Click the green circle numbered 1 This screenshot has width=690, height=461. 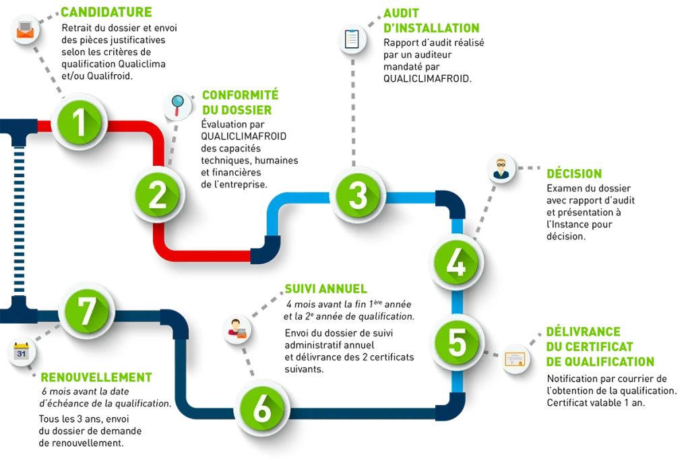(80, 123)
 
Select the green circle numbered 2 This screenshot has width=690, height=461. (158, 195)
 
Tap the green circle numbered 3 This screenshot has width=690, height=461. (358, 195)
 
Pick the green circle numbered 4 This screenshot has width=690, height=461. (456, 263)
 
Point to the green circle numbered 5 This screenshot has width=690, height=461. (458, 342)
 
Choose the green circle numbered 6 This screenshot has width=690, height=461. (262, 408)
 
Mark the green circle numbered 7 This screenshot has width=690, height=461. (87, 311)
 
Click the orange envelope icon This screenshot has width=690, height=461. (26, 30)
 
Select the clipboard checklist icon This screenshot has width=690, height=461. (352, 39)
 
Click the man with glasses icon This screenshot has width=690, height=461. (501, 168)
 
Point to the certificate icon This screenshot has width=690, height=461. (515, 359)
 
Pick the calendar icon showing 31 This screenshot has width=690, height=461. (22, 352)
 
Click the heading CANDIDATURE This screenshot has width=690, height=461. (106, 12)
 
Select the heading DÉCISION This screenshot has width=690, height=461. (574, 173)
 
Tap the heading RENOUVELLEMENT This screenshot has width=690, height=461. (96, 377)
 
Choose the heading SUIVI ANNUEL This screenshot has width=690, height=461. (325, 289)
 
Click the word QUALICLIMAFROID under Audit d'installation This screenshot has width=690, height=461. (427, 79)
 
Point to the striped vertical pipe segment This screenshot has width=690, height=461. (19, 220)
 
